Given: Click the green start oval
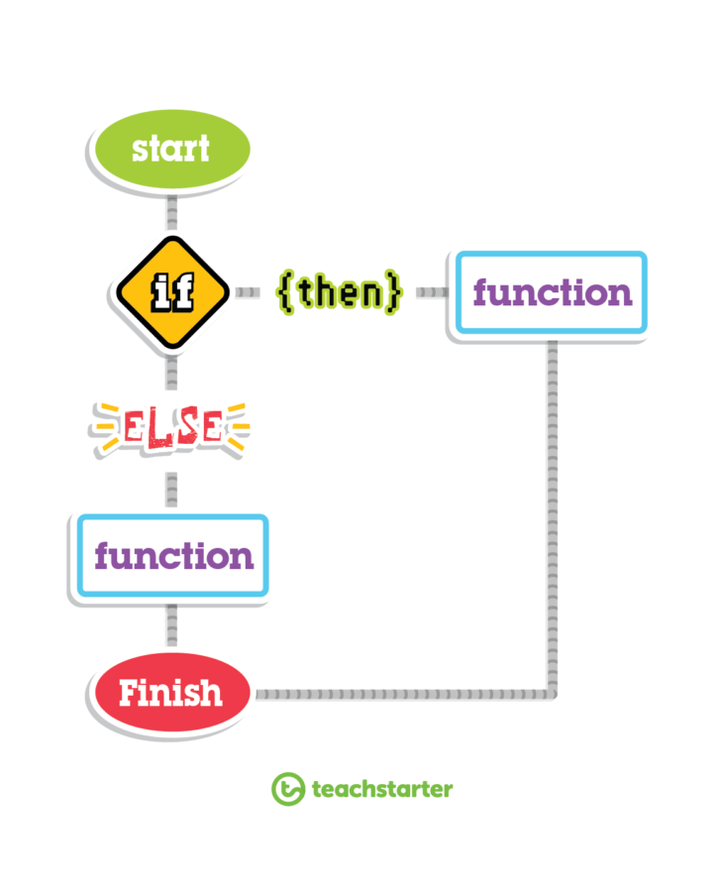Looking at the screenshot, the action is [x=171, y=149].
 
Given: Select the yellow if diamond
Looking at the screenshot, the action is [x=172, y=291].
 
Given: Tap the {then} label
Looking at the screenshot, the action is [x=340, y=291].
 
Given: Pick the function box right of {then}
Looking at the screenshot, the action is [x=552, y=292].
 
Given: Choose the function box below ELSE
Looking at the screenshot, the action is [x=172, y=556].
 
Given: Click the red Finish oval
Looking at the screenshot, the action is [x=171, y=693].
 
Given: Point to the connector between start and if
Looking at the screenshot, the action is [x=171, y=213].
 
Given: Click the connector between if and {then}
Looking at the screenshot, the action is [x=248, y=292].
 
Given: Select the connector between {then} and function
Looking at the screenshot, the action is [x=432, y=292].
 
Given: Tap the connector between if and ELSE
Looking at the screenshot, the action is [x=171, y=373].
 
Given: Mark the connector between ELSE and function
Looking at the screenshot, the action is [x=171, y=490].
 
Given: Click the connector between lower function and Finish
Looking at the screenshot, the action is [x=171, y=625].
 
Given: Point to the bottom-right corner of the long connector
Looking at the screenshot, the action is [x=553, y=694].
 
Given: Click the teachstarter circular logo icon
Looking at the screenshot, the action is [x=288, y=789].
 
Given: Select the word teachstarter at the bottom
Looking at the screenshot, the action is [x=382, y=790].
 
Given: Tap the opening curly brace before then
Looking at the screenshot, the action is [x=286, y=291].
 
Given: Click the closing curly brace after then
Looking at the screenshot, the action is [x=392, y=291].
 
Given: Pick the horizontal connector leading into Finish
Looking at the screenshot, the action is [x=404, y=694].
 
